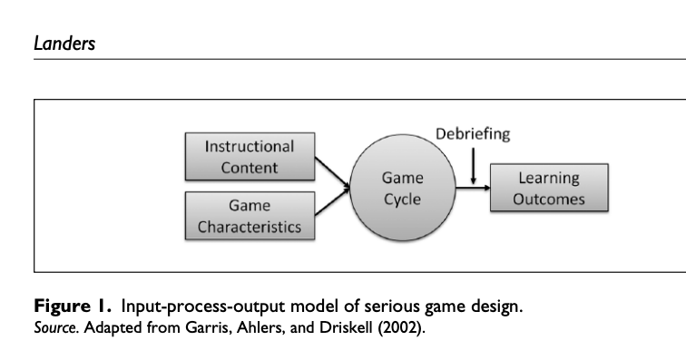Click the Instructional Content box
click(x=250, y=156)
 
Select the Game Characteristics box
click(x=250, y=215)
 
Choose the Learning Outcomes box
click(x=549, y=189)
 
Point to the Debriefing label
click(x=473, y=134)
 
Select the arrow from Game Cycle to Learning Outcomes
click(x=472, y=189)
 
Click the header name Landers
click(x=64, y=43)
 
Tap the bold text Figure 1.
click(x=74, y=306)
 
